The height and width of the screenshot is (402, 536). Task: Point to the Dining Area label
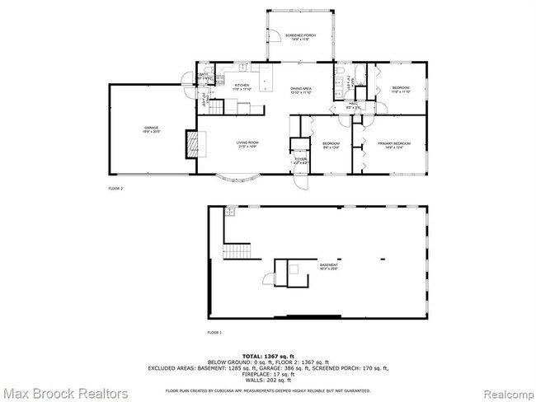[x=300, y=90]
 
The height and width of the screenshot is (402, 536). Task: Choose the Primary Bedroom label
[x=390, y=145]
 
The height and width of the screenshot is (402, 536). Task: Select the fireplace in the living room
[x=190, y=146]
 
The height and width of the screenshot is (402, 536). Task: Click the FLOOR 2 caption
[x=115, y=189]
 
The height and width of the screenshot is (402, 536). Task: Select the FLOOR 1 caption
[x=215, y=332]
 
